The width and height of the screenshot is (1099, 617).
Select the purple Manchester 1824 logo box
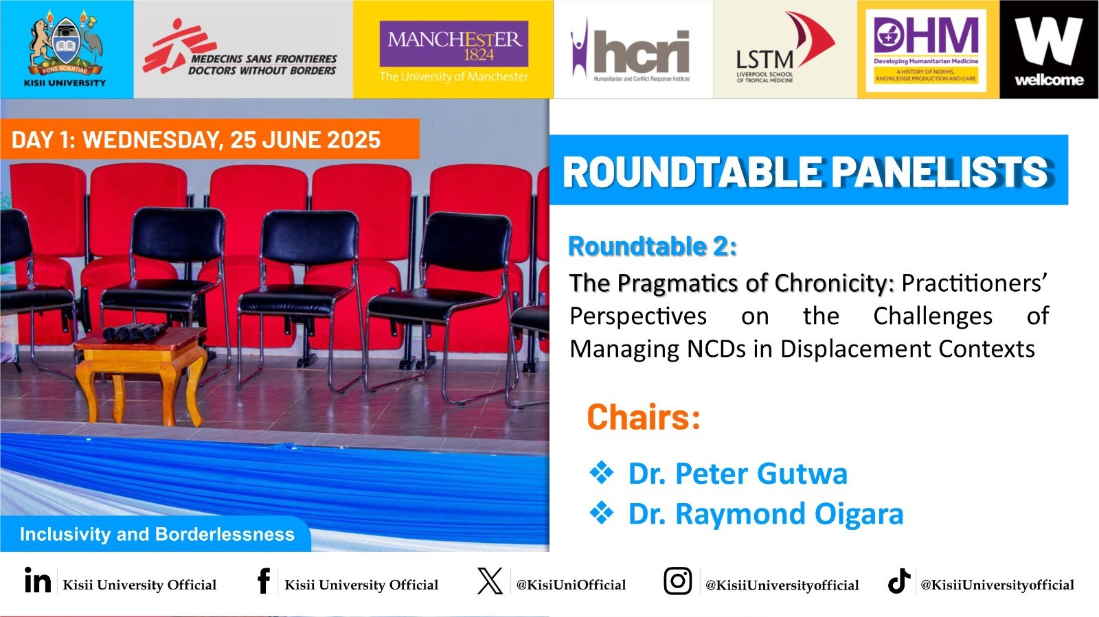point(454,44)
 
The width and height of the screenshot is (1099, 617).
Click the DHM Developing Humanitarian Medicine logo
point(926,50)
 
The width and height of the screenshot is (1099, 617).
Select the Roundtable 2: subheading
point(653,246)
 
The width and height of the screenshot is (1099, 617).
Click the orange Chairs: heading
point(643,417)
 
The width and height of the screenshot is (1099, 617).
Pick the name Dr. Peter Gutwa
point(738,474)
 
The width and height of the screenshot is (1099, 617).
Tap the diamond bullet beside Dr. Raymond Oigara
point(602,513)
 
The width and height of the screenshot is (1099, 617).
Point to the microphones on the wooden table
point(135,331)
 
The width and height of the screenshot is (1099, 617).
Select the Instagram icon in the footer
point(678,581)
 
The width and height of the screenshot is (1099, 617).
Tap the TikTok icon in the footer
point(899,581)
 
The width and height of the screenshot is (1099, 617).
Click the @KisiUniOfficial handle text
point(571,585)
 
